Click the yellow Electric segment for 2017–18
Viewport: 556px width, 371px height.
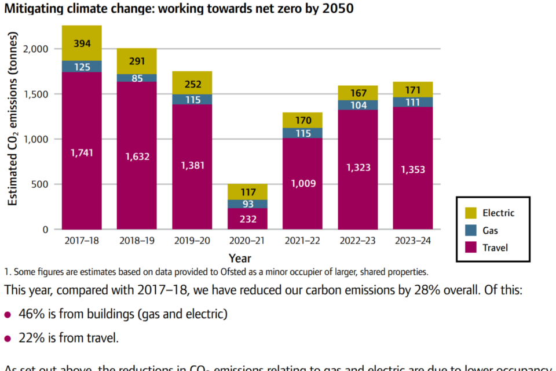coord(82,43)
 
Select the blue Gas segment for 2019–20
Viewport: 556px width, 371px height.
coord(192,100)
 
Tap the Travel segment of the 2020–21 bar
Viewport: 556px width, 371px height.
coord(247,219)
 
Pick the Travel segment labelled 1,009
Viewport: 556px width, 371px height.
coord(302,184)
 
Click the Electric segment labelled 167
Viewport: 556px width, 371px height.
coord(358,93)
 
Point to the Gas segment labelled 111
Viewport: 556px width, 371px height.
coord(413,102)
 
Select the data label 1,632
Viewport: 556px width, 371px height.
coord(137,156)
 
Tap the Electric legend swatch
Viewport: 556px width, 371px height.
coord(471,213)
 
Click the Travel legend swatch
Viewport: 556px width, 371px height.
coord(471,248)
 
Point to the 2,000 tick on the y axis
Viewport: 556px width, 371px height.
coord(36,49)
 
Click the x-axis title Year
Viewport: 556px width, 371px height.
coord(240,258)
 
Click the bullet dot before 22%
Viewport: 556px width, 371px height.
coord(8,338)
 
